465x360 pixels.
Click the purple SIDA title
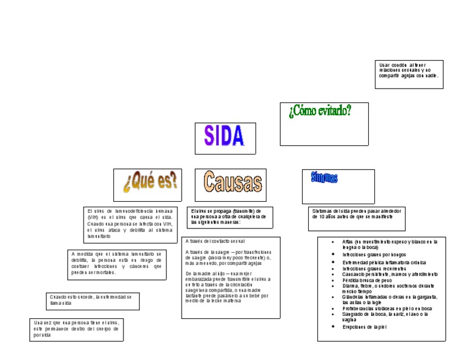223,136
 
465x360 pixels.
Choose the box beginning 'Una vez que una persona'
76,328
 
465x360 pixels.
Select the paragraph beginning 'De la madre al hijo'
228,287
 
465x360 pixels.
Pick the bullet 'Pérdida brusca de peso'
366,279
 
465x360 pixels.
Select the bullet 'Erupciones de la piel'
364,327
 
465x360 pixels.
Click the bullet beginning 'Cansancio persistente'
389,274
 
